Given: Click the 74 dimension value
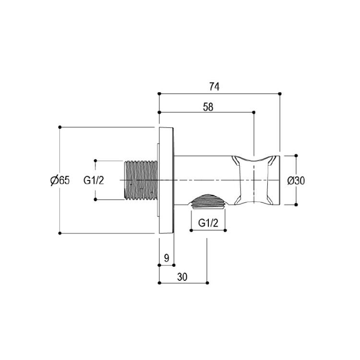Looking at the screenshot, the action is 214,87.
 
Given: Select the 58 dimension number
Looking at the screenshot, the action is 208,107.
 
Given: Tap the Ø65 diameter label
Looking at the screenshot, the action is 60,180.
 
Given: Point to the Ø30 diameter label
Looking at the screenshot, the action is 296,180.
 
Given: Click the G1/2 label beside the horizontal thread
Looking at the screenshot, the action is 94,180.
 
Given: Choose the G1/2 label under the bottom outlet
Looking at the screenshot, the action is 208,223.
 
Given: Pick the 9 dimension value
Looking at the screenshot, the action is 167,258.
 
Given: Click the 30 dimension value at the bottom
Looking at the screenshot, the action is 182,277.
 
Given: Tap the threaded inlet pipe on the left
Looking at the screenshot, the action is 141,180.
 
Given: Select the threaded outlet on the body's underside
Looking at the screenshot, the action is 208,202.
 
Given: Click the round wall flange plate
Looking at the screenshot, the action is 167,180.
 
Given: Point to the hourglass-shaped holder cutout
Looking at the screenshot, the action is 253,180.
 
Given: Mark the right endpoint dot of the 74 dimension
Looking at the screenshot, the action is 280,94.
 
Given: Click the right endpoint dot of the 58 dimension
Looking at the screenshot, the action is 254,112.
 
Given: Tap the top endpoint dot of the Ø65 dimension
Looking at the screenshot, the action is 60,127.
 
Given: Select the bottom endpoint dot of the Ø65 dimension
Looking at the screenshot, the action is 60,233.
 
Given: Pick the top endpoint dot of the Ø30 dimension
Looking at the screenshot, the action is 296,156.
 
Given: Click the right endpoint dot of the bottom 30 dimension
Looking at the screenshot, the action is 207,283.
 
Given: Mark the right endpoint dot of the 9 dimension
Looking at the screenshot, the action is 174,265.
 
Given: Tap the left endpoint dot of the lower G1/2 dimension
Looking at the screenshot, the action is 191,230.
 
